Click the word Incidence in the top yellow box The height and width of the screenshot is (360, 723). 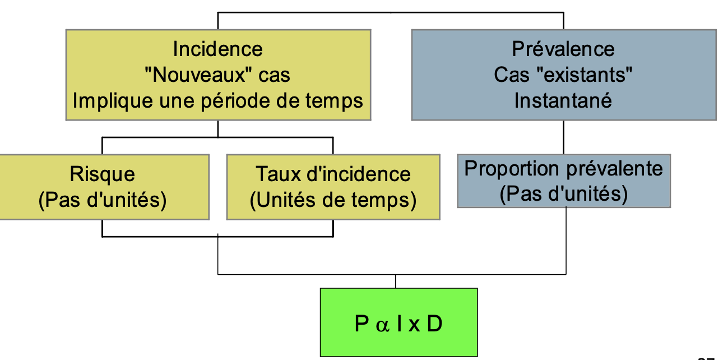pyautogui.click(x=217, y=49)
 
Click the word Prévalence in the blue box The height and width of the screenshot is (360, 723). pyautogui.click(x=563, y=49)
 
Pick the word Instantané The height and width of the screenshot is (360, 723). pyautogui.click(x=563, y=101)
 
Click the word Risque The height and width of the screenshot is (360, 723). pyautogui.click(x=102, y=174)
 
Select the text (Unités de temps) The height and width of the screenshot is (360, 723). pyautogui.click(x=333, y=200)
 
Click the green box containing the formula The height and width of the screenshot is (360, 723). pyautogui.click(x=398, y=322)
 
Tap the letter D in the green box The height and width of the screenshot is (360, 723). pyautogui.click(x=434, y=324)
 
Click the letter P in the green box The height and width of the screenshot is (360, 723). pyautogui.click(x=361, y=324)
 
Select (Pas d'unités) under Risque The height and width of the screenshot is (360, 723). pyautogui.click(x=102, y=200)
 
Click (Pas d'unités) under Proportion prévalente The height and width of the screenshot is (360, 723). pyautogui.click(x=563, y=194)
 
